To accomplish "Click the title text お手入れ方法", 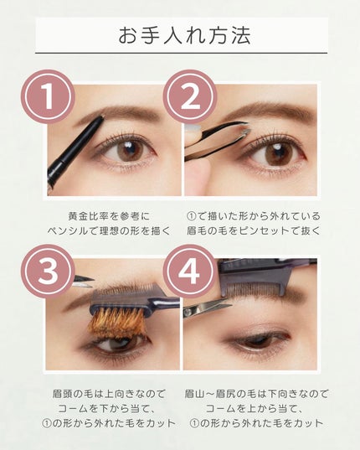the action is click(185, 35).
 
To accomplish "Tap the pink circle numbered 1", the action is click(48, 96).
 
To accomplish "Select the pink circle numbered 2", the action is click(190, 96).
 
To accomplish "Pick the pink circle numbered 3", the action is click(48, 272).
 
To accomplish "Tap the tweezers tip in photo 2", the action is click(245, 128).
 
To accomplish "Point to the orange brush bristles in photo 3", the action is click(116, 322).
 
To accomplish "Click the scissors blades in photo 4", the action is click(208, 309).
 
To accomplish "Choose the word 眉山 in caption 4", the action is click(195, 394).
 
